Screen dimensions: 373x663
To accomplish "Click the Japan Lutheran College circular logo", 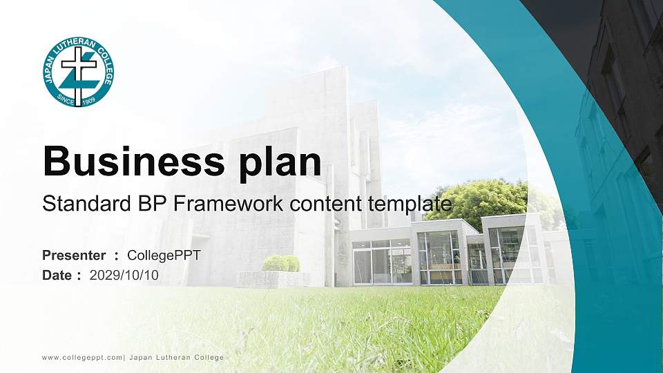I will click(78, 73).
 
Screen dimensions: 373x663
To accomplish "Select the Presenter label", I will click(74, 256).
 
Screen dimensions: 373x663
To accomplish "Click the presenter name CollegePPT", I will click(164, 256).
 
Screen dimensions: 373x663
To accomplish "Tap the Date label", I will click(57, 276).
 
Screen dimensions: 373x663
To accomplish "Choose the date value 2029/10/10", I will click(124, 276).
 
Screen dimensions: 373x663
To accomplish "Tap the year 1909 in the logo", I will click(88, 101).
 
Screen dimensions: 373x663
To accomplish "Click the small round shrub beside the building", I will click(280, 263).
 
